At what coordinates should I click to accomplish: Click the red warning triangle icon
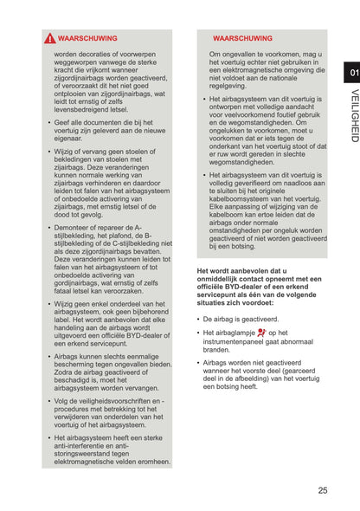tap(50, 39)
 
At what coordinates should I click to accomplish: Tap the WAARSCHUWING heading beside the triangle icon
tap(87, 39)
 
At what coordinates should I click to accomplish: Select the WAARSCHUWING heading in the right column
tap(242, 39)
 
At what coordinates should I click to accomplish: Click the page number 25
tap(323, 490)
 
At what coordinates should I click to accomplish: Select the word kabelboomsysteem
tap(243, 198)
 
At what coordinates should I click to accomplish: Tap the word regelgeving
tap(228, 86)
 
